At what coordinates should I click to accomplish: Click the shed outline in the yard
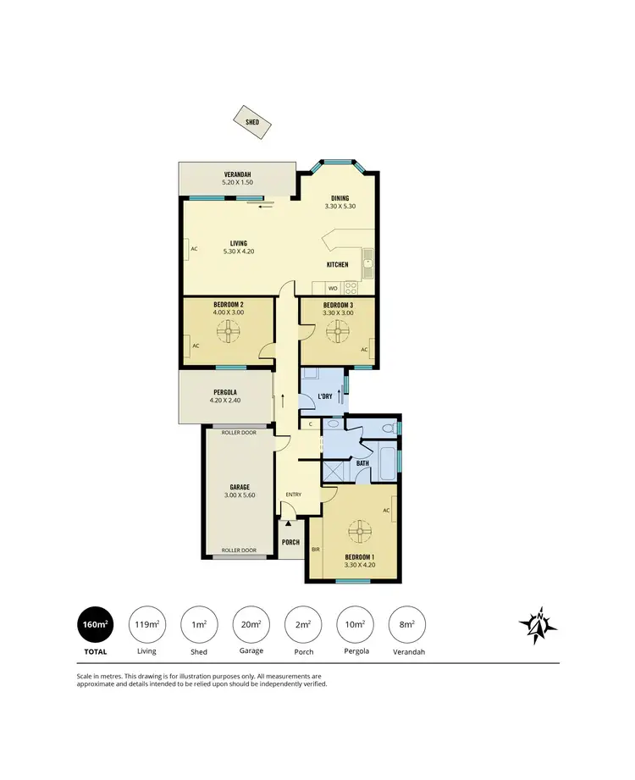pyautogui.click(x=252, y=122)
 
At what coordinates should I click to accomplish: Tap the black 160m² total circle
pyautogui.click(x=95, y=626)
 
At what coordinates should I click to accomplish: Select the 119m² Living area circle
pyautogui.click(x=146, y=626)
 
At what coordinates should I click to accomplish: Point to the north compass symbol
pyautogui.click(x=538, y=625)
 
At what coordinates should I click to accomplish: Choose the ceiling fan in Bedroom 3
pyautogui.click(x=340, y=332)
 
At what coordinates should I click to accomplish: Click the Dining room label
pyautogui.click(x=340, y=199)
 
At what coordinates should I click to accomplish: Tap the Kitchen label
pyautogui.click(x=338, y=265)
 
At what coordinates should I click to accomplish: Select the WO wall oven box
pyautogui.click(x=333, y=289)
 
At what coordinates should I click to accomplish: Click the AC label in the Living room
pyautogui.click(x=194, y=250)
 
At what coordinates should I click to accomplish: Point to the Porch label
pyautogui.click(x=290, y=542)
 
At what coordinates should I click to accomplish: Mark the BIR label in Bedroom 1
pyautogui.click(x=316, y=550)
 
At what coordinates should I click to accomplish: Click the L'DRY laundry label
pyautogui.click(x=324, y=397)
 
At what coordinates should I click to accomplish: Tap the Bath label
pyautogui.click(x=362, y=463)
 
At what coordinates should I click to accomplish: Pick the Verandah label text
pyautogui.click(x=237, y=174)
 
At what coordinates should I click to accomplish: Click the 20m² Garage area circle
pyautogui.click(x=251, y=626)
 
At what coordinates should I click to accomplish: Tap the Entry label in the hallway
pyautogui.click(x=293, y=495)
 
